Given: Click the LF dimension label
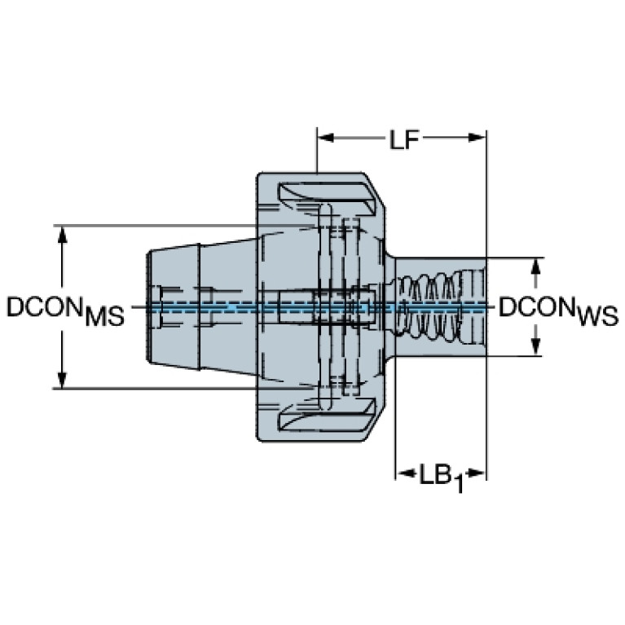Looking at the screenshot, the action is [x=404, y=140].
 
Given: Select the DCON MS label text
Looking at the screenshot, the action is [x=66, y=311].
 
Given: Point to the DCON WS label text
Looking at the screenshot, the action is [x=558, y=311].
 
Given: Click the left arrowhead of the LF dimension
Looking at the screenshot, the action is [x=326, y=138].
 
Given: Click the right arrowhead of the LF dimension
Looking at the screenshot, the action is [x=477, y=138].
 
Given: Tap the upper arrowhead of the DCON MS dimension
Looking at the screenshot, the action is [x=62, y=235].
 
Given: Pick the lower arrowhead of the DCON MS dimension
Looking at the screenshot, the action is [x=62, y=380].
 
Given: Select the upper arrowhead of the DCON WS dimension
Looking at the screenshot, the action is [x=536, y=266].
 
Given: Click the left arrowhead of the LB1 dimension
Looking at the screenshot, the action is [x=404, y=473].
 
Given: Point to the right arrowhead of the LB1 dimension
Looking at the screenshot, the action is [x=477, y=473].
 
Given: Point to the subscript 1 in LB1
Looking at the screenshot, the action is [x=459, y=484].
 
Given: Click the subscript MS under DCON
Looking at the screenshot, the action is [x=105, y=316].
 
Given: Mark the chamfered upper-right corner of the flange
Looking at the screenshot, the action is [x=375, y=191].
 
